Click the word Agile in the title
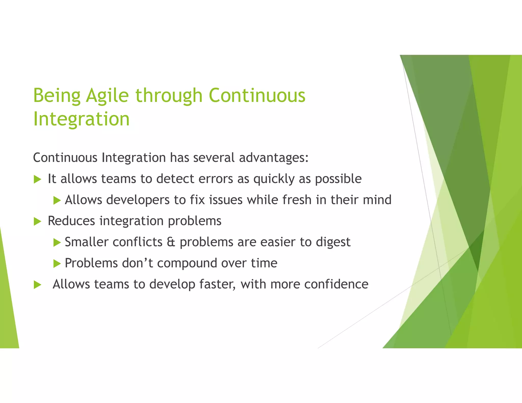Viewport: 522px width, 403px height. point(107,96)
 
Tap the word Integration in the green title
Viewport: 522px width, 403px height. point(81,119)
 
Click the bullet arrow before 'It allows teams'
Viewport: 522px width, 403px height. point(37,179)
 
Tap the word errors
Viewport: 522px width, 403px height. point(216,179)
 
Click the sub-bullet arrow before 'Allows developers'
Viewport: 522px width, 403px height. point(57,200)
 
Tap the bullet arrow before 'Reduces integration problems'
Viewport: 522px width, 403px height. point(37,221)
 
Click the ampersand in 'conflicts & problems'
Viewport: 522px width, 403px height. point(171,242)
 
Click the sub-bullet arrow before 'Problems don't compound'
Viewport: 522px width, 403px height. point(57,264)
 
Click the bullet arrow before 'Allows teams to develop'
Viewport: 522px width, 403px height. point(37,285)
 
